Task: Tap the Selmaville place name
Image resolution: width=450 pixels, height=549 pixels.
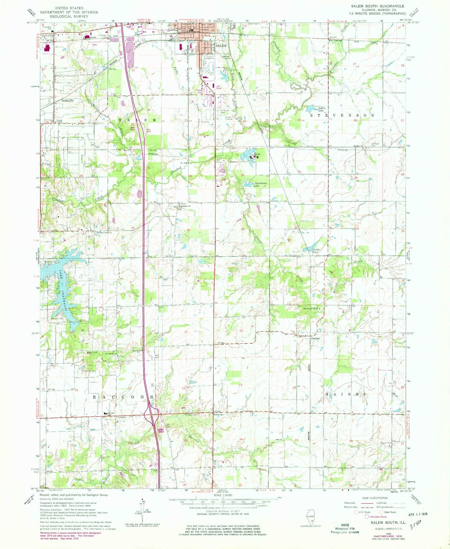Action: point(67,101)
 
